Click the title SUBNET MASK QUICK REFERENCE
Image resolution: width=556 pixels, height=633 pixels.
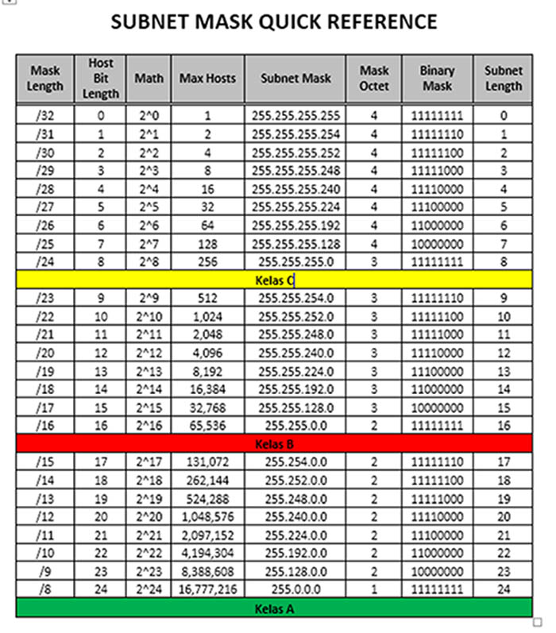coord(274,21)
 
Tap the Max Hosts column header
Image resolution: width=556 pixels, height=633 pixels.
coord(207,79)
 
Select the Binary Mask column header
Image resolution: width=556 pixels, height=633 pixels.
coord(437,79)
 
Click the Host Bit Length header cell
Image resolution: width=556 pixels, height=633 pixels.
coord(101,79)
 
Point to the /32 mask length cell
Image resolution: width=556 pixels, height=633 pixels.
coord(44,115)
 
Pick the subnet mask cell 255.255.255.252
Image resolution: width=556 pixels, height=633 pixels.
coord(295,152)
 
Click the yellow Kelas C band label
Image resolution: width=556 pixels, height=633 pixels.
coord(274,280)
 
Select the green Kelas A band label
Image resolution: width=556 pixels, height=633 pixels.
coord(274,608)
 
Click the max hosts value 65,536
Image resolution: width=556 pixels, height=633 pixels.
coord(207,426)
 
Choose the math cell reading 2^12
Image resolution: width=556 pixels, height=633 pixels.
coord(149,353)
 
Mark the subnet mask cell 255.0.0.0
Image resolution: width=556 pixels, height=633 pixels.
coord(295,590)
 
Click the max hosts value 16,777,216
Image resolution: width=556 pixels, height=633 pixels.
coord(207,590)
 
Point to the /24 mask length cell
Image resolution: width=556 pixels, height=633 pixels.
coord(44,261)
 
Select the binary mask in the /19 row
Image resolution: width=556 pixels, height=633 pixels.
coord(437,371)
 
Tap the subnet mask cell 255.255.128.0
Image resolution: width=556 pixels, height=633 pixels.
coord(295,407)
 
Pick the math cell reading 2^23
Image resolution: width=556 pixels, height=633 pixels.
coord(149,572)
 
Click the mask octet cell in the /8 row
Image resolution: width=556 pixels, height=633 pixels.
coord(374,590)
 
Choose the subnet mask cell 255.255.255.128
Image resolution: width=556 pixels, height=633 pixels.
coord(295,243)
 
